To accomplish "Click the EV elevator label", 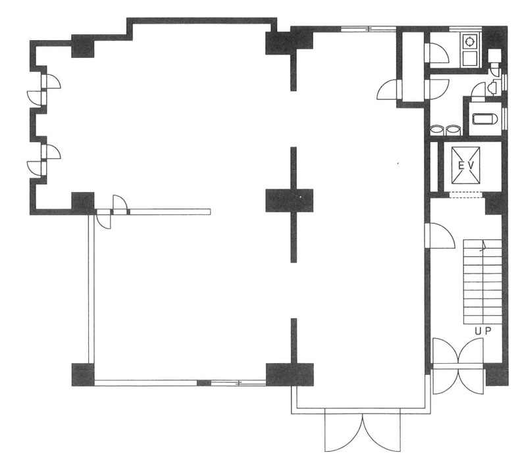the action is pyautogui.click(x=466, y=165).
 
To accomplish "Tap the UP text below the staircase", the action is pyautogui.click(x=483, y=331).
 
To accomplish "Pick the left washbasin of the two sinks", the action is pyautogui.click(x=438, y=130).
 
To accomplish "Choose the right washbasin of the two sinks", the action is pyautogui.click(x=453, y=130).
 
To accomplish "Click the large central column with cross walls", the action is pyautogui.click(x=290, y=201).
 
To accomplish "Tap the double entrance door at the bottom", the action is pyautogui.click(x=363, y=430).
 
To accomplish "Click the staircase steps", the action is pyautogui.click(x=482, y=281).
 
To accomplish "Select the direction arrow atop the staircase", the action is pyautogui.click(x=484, y=247).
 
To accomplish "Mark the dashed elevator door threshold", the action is pyautogui.click(x=466, y=195).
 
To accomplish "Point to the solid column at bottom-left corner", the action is pyautogui.click(x=83, y=375).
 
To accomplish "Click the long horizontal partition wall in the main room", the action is pyautogui.click(x=169, y=212).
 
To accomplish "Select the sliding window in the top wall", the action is pyautogui.click(x=369, y=29).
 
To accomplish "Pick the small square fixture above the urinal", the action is pyautogui.click(x=494, y=55).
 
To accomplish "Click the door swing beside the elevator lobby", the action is pyautogui.click(x=440, y=235).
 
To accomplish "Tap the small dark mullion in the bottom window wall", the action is pyautogui.click(x=204, y=383).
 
